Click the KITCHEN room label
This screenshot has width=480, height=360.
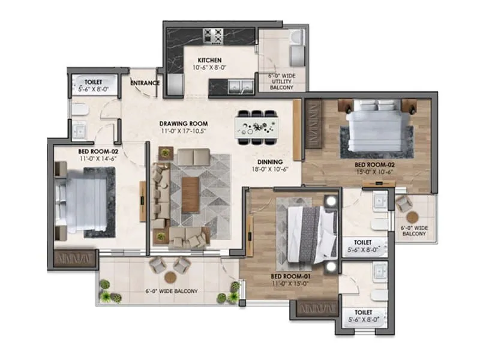(x=210, y=60)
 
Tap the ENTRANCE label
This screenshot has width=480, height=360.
(x=145, y=83)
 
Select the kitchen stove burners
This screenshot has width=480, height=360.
(x=214, y=37)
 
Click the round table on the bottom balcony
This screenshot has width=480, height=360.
(x=170, y=278)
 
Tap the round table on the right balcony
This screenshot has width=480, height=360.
(x=413, y=217)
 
